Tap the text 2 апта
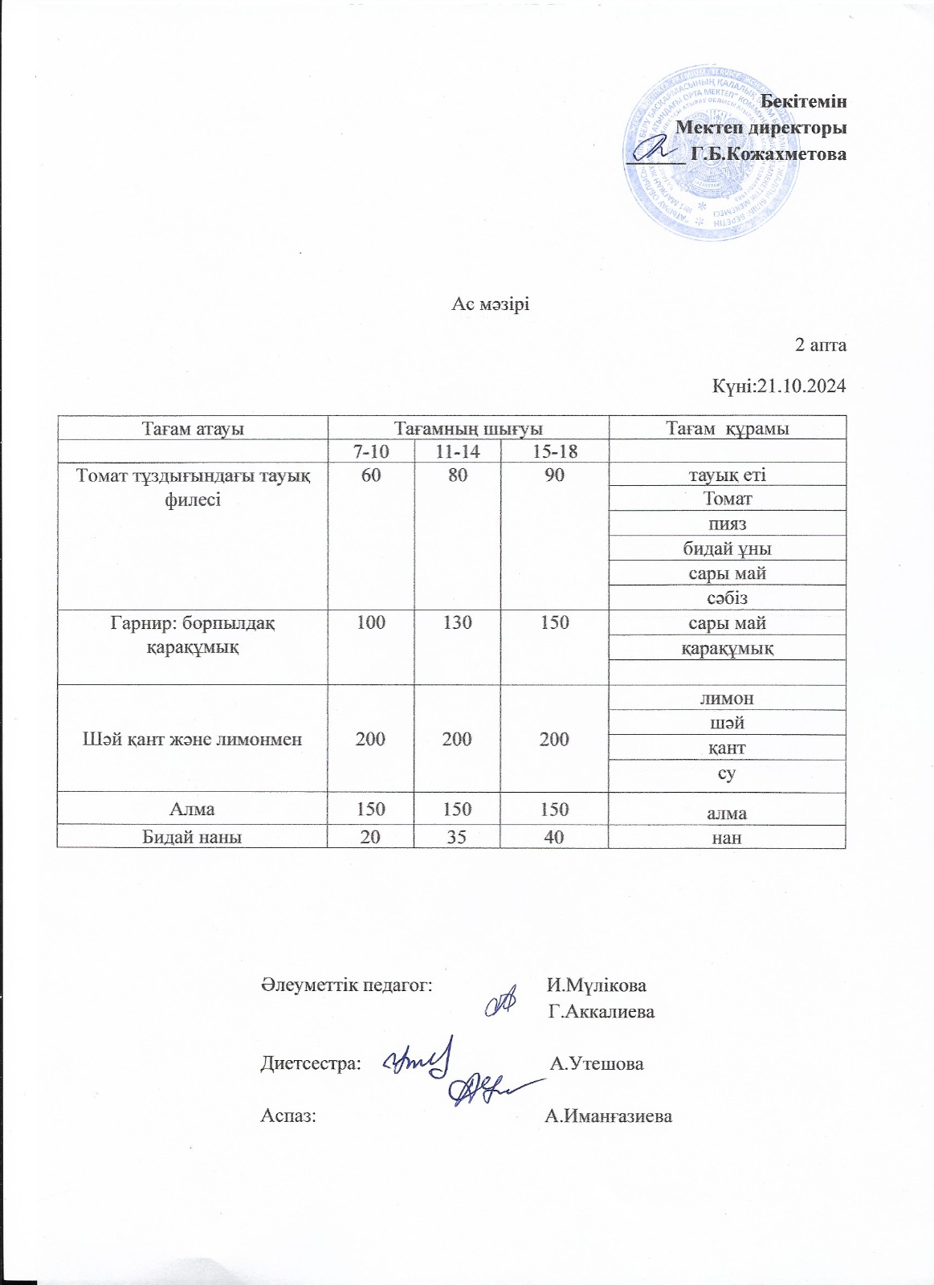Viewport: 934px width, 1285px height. pyautogui.click(x=820, y=345)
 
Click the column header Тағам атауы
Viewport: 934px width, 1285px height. pyautogui.click(x=193, y=427)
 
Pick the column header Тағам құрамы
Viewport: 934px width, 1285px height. pyautogui.click(x=728, y=427)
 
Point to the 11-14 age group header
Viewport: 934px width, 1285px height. pyautogui.click(x=457, y=451)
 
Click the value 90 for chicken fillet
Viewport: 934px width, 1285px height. pyautogui.click(x=554, y=475)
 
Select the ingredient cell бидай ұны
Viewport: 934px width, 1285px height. pyautogui.click(x=727, y=549)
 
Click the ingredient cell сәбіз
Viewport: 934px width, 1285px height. pyautogui.click(x=728, y=598)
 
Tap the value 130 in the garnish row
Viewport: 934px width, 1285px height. pyautogui.click(x=457, y=622)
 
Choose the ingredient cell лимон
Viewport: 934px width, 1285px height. pyautogui.click(x=728, y=698)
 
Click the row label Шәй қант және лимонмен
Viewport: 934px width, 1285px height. pyautogui.click(x=193, y=739)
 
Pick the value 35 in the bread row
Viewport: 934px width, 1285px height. pyautogui.click(x=457, y=837)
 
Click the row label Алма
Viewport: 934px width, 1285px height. pyautogui.click(x=192, y=809)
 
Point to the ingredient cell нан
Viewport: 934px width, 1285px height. pyautogui.click(x=728, y=838)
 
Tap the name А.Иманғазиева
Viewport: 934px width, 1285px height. pyautogui.click(x=608, y=1116)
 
